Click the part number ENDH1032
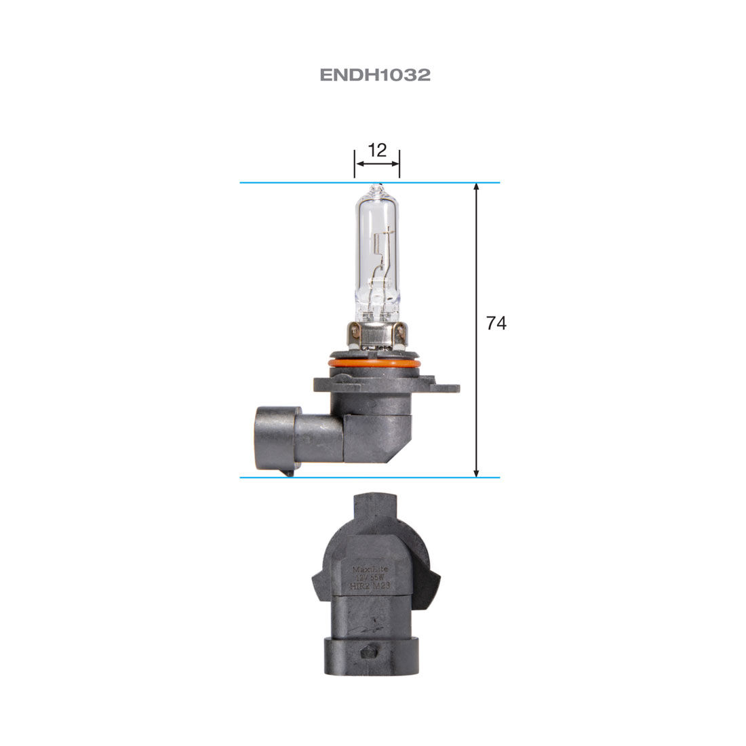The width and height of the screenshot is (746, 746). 375,75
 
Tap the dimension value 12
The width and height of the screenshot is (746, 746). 377,150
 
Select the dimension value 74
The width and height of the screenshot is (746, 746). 496,323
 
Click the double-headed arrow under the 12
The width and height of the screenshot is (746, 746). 377,163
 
